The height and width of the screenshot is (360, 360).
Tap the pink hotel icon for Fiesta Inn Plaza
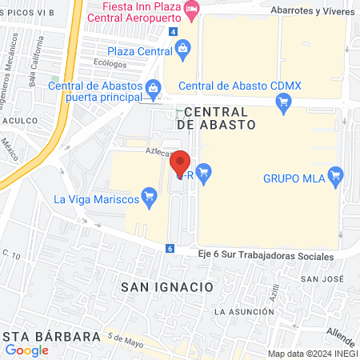click(x=191, y=8)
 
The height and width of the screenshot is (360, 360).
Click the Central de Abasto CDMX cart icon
click(x=282, y=102)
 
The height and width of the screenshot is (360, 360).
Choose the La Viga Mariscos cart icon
click(x=148, y=195)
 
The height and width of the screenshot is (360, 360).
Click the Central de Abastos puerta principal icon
click(x=152, y=86)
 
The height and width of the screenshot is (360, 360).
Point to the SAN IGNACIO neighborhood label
click(x=166, y=286)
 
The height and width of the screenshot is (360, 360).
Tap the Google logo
click(x=27, y=350)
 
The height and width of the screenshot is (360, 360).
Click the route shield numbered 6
click(x=170, y=248)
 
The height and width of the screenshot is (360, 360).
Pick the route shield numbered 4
click(x=174, y=30)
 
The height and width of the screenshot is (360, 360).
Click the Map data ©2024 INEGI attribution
click(x=311, y=353)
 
